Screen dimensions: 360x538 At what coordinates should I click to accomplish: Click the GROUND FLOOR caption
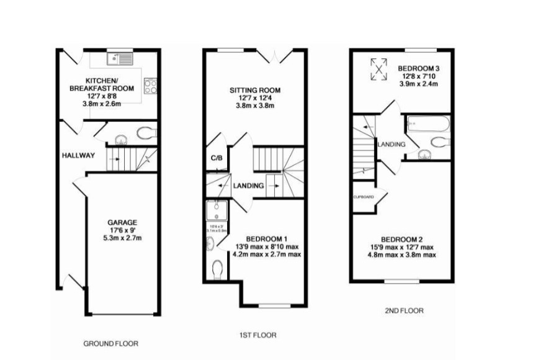tap(110, 343)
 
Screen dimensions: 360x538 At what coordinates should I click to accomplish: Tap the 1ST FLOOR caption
tap(258, 335)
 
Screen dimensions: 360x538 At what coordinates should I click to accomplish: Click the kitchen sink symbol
tap(119, 59)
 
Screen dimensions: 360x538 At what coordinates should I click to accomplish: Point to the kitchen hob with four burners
tap(150, 85)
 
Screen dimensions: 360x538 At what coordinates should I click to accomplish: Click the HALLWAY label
tap(78, 155)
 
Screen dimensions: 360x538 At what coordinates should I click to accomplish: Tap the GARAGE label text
tap(122, 222)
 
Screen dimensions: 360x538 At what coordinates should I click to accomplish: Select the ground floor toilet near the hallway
tap(145, 133)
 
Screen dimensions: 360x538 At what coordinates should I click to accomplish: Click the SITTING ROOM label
tap(255, 90)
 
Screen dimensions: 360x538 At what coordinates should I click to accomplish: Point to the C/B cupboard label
tap(217, 158)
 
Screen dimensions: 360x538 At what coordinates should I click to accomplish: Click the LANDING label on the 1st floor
tap(249, 186)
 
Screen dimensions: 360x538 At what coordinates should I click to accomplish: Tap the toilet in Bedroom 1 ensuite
tap(217, 269)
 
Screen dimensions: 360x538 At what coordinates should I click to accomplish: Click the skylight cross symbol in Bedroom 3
tap(377, 68)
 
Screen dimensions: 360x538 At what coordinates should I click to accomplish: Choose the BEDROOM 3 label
tap(419, 68)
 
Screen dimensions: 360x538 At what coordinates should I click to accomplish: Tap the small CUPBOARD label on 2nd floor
tap(363, 197)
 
